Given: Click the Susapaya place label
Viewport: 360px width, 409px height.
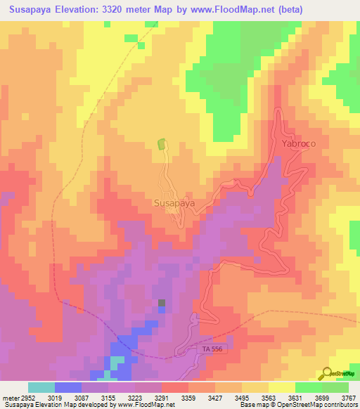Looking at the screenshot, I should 174,204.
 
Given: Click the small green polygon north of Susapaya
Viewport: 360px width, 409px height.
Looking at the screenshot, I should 162,144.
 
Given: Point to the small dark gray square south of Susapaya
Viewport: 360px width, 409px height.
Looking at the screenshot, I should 162,304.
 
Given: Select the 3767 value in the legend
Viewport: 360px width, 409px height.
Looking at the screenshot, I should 349,396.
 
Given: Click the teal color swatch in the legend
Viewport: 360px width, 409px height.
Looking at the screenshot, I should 41,387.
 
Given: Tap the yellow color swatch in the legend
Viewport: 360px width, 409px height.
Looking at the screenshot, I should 282,387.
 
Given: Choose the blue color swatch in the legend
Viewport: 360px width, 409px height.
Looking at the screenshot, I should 68,387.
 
